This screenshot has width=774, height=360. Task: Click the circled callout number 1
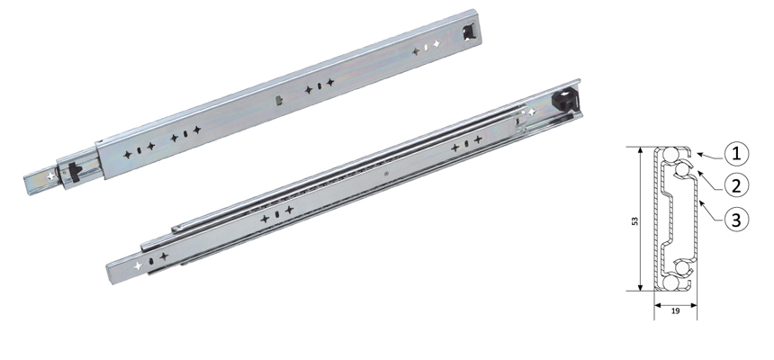tap(737, 153)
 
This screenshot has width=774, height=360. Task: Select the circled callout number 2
tap(737, 185)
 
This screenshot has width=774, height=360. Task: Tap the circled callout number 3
tap(737, 219)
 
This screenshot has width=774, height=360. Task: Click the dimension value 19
tap(673, 310)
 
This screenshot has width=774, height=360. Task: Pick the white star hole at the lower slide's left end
tap(137, 267)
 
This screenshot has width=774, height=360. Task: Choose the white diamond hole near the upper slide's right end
tap(436, 43)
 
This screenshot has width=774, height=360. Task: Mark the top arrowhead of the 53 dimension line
tap(639, 148)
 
